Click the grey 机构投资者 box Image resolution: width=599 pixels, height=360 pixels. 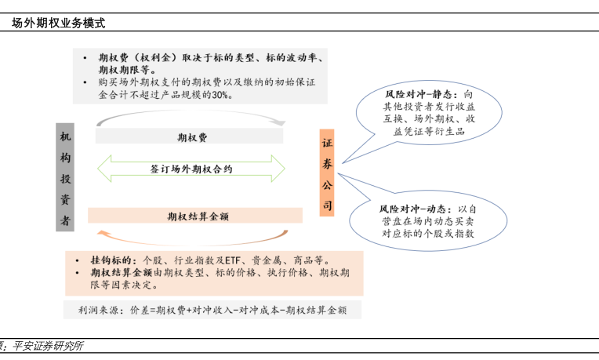coord(65,176)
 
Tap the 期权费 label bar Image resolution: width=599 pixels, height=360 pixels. coord(192,136)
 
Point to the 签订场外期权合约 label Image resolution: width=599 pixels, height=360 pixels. coord(191,169)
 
